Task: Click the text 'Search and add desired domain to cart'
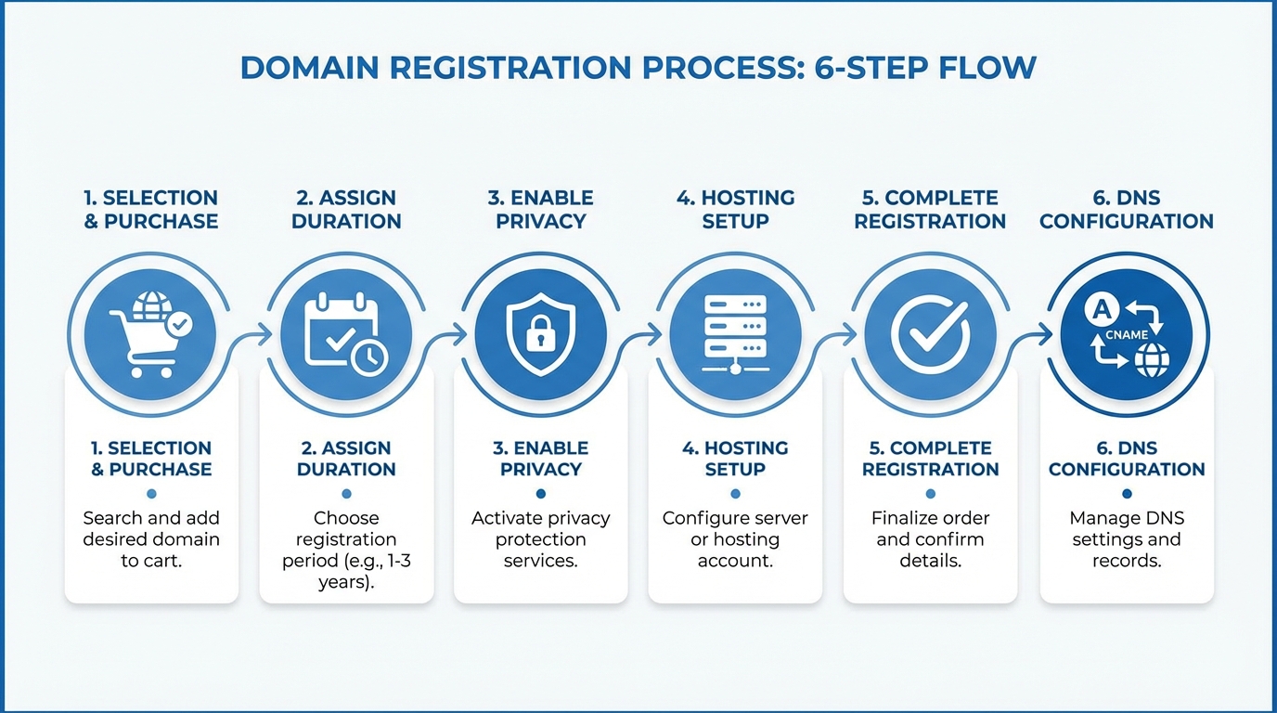point(151,539)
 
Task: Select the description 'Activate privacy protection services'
point(540,539)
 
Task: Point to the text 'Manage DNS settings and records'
point(1127,539)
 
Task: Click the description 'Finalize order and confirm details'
point(930,539)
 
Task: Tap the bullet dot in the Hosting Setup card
point(735,494)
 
